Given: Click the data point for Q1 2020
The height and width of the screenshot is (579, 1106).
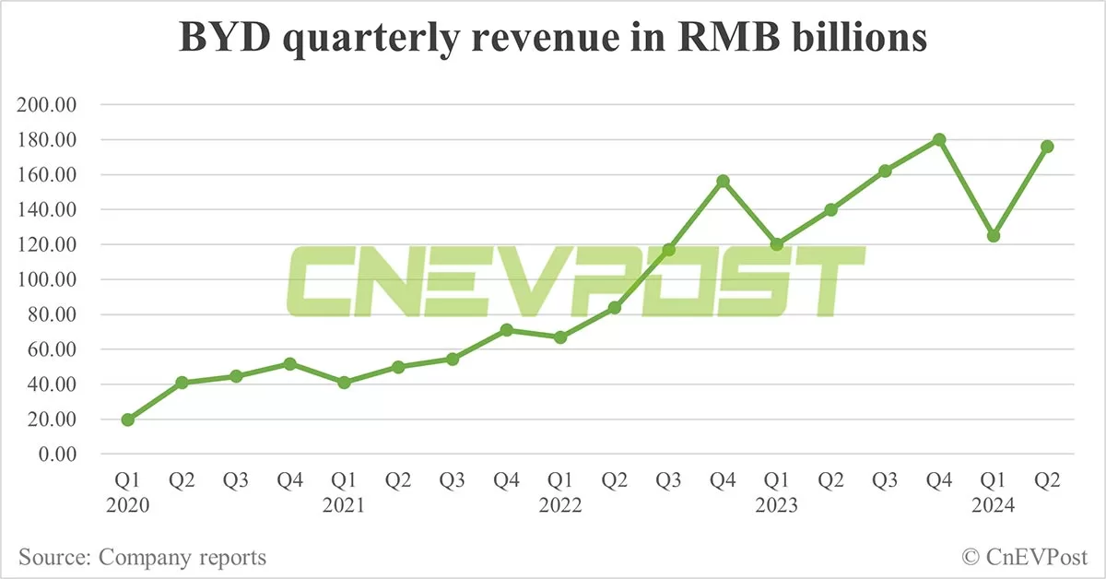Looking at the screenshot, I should (128, 419).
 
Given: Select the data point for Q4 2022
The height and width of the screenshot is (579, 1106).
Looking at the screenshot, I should (723, 181).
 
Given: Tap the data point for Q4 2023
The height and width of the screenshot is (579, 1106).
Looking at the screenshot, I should (939, 139).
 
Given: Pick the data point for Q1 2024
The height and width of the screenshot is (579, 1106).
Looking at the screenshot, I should (994, 236).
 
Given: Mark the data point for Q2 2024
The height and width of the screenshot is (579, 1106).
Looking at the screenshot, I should (1047, 147).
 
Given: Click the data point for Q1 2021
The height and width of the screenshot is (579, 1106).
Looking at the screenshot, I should (345, 382).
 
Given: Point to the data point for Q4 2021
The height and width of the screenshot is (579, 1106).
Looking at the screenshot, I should (506, 329).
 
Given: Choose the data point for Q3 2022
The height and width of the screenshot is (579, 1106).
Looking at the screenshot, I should (669, 250).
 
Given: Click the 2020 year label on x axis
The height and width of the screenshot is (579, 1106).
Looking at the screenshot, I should (128, 506).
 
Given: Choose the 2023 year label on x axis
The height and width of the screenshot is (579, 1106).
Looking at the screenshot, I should (776, 506).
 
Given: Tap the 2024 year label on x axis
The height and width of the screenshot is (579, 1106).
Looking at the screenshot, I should (994, 506).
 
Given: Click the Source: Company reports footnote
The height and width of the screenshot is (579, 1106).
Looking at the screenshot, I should (142, 557).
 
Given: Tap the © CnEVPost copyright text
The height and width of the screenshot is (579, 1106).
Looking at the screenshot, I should (1025, 557).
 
